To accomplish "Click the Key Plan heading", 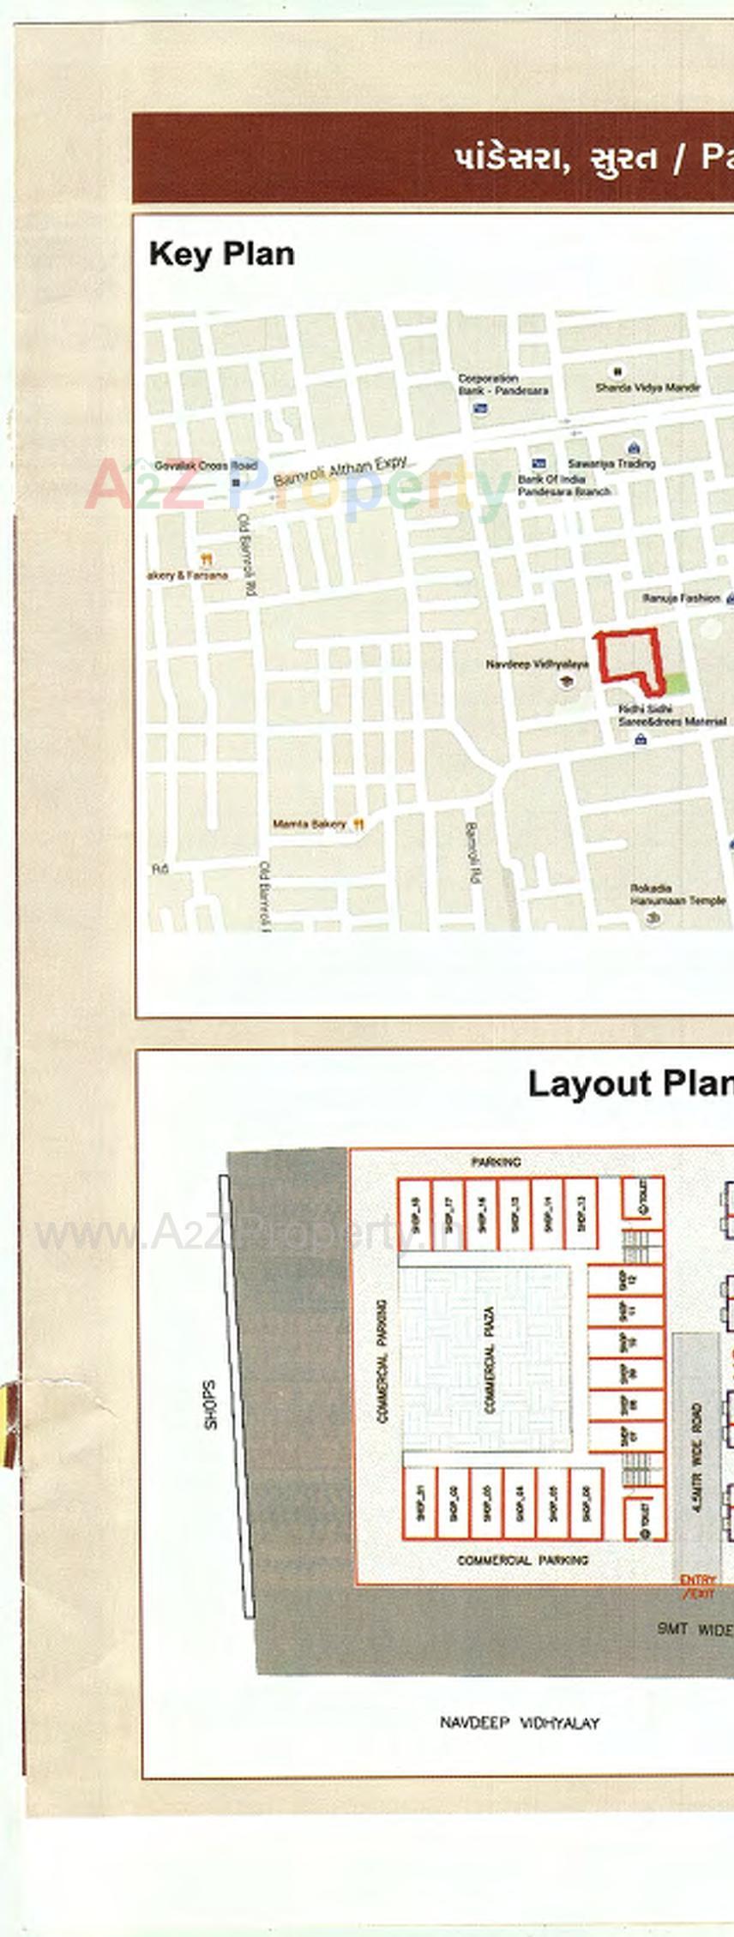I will pyautogui.click(x=221, y=254).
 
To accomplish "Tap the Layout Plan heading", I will pyautogui.click(x=629, y=1084).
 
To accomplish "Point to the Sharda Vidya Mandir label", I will pyautogui.click(x=647, y=388).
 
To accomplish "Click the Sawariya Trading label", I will pyautogui.click(x=611, y=463).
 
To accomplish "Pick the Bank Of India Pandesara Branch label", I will pyautogui.click(x=563, y=485).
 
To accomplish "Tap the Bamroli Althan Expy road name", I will pyautogui.click(x=340, y=471).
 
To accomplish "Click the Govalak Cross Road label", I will pyautogui.click(x=205, y=466).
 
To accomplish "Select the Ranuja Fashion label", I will pyautogui.click(x=682, y=598).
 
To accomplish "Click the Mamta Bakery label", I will pyautogui.click(x=310, y=824).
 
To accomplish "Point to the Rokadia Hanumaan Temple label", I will pyautogui.click(x=677, y=894).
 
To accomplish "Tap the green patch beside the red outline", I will pyautogui.click(x=677, y=683).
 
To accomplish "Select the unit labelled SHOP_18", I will pyautogui.click(x=415, y=1214).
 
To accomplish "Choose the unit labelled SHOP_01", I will pyautogui.click(x=420, y=1501).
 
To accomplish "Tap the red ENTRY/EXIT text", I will pyautogui.click(x=698, y=1586).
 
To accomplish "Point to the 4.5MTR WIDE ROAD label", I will pyautogui.click(x=696, y=1445).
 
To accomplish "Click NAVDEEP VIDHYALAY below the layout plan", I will pyautogui.click(x=520, y=1723).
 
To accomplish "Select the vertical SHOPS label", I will pyautogui.click(x=210, y=1404).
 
